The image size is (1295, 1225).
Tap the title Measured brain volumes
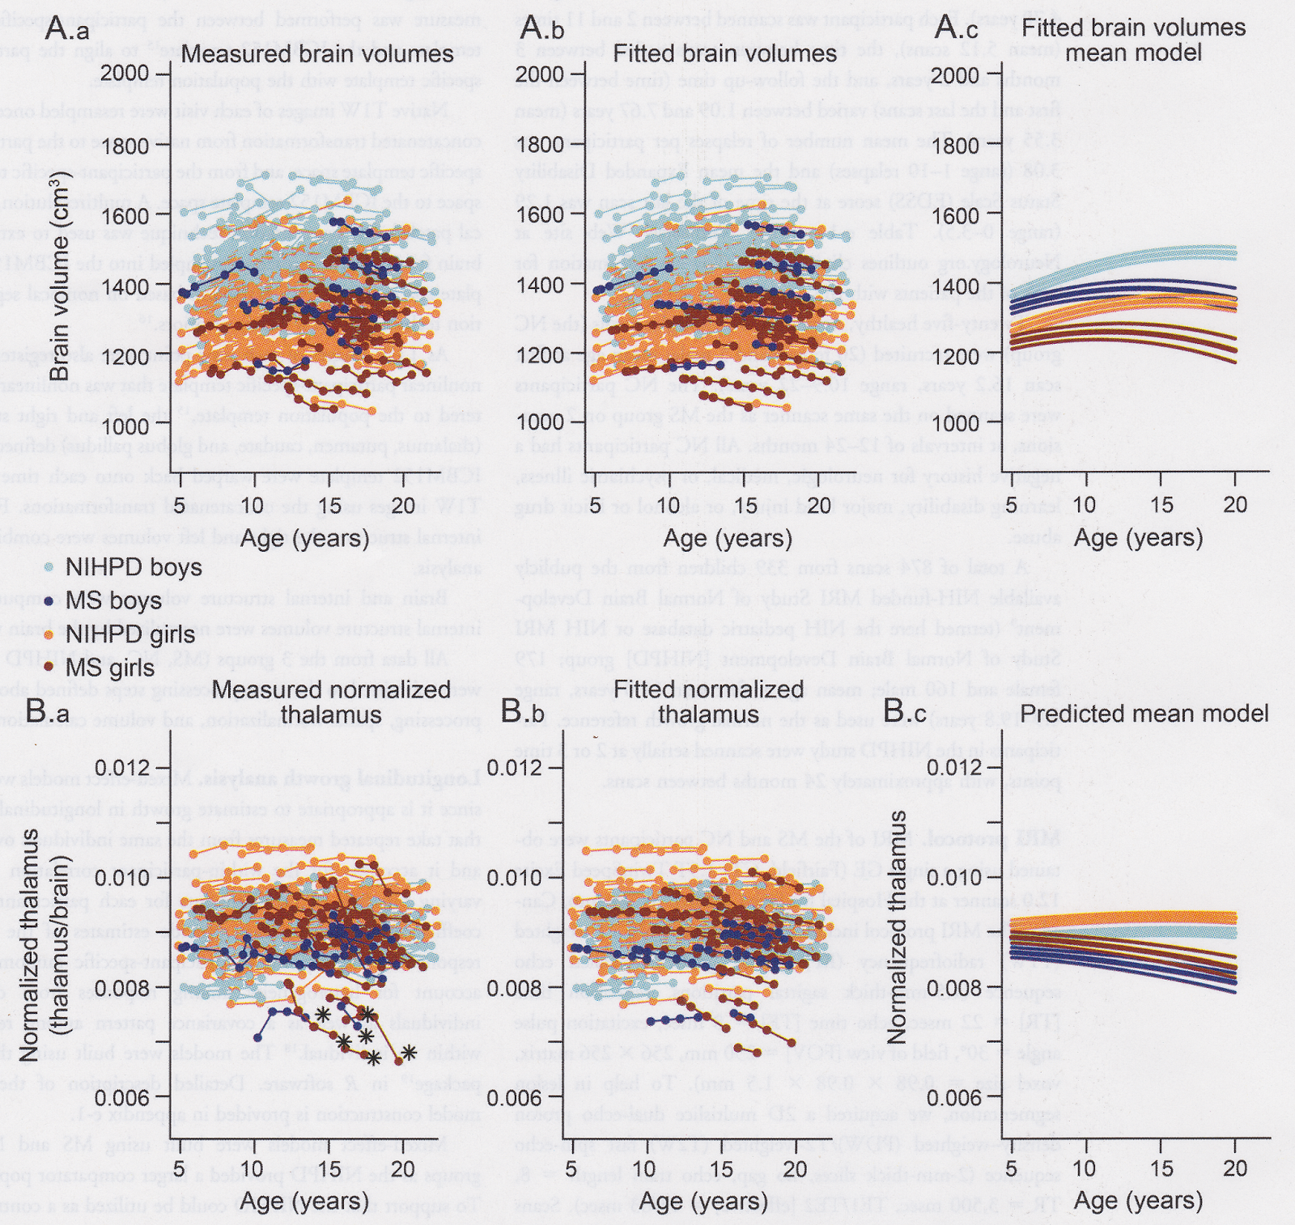[x=317, y=54]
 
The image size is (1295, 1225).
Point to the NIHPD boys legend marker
[x=50, y=566]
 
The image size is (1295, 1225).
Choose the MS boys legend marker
[x=50, y=600]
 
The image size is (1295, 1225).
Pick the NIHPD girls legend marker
[x=50, y=634]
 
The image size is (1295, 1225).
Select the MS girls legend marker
[x=50, y=668]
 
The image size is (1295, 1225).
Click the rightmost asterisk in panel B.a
[x=408, y=1052]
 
